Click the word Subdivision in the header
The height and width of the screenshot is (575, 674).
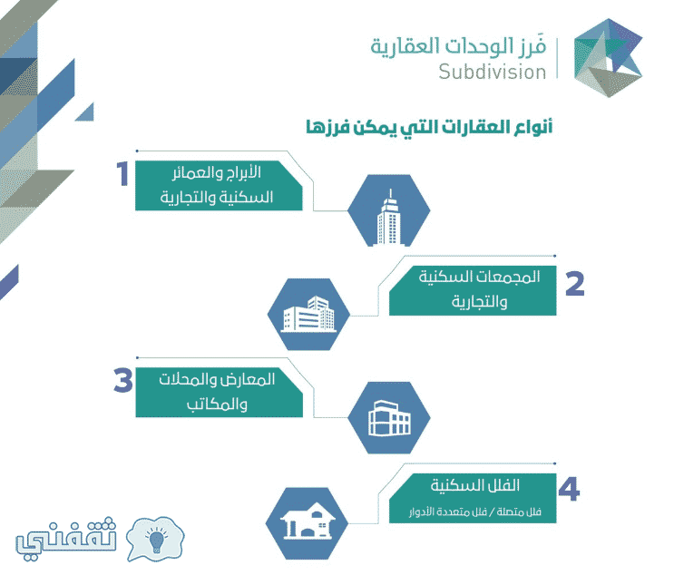point(493,72)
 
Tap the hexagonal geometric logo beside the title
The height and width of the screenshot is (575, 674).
point(608,58)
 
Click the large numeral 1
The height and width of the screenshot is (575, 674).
point(123,173)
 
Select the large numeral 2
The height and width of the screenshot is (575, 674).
point(575,284)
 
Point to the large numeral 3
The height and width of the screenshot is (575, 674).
point(123,380)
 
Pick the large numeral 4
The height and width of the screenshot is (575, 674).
point(569,489)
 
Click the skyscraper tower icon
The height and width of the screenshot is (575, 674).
point(389,218)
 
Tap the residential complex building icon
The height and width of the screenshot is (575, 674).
point(308,314)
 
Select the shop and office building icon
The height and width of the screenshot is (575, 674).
point(389,418)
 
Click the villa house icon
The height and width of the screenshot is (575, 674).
point(308,521)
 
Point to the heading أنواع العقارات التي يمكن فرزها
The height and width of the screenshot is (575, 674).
point(429,127)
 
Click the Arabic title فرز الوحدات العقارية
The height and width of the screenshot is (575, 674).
point(458,46)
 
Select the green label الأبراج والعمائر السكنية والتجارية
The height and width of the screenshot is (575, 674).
point(219,186)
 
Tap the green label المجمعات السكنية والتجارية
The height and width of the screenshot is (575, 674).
point(473,290)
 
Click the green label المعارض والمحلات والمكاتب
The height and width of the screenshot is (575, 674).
point(220,392)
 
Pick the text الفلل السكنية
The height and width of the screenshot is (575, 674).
point(475,485)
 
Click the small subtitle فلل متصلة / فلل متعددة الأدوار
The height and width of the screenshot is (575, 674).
point(475,512)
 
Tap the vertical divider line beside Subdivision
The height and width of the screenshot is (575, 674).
point(558,58)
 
